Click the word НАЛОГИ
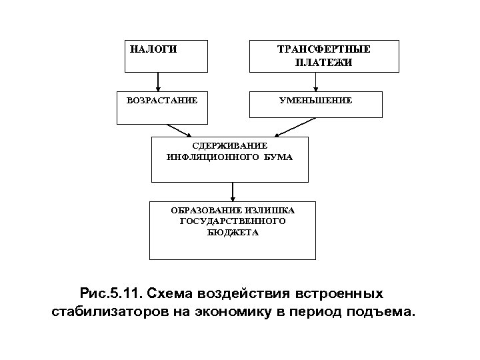(x=153, y=49)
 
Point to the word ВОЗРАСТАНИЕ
(x=162, y=101)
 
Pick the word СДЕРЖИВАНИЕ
(x=229, y=145)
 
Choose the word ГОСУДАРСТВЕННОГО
(x=232, y=221)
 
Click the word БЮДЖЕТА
(x=232, y=233)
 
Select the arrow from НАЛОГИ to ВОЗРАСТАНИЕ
(x=158, y=80)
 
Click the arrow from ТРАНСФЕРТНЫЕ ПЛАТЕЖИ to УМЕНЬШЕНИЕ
(x=315, y=81)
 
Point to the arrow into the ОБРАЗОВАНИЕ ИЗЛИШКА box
(x=232, y=191)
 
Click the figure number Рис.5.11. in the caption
(x=109, y=293)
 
